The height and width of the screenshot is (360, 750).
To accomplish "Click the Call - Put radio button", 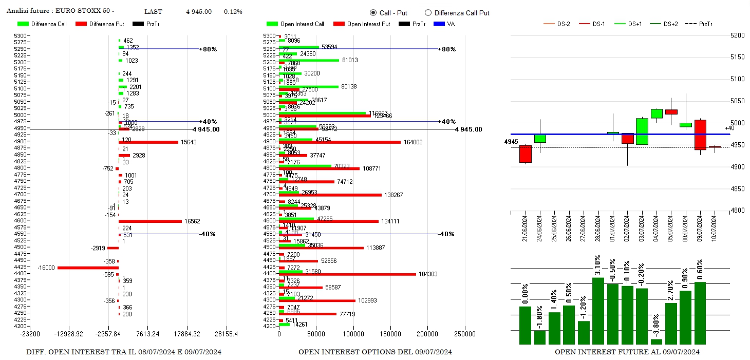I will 373,13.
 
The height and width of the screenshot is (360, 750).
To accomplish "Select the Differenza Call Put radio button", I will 428,13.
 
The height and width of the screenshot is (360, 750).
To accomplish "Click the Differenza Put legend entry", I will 100,24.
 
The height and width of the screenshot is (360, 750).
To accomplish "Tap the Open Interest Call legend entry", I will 295,24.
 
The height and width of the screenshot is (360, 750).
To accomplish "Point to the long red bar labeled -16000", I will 88,268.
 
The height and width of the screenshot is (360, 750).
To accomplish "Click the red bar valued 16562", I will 150,221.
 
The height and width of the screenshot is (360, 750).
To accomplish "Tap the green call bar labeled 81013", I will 309,60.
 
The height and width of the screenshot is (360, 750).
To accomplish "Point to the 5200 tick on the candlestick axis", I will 737,35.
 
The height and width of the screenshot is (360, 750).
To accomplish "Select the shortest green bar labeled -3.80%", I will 656,342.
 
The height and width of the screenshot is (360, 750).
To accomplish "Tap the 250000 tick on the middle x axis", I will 465,334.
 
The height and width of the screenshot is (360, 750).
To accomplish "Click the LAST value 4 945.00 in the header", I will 199,12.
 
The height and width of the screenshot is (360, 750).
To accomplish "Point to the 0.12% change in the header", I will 233,12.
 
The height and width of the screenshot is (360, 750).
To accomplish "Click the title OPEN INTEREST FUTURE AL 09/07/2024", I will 627,352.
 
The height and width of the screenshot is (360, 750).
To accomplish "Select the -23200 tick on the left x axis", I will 30,334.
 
